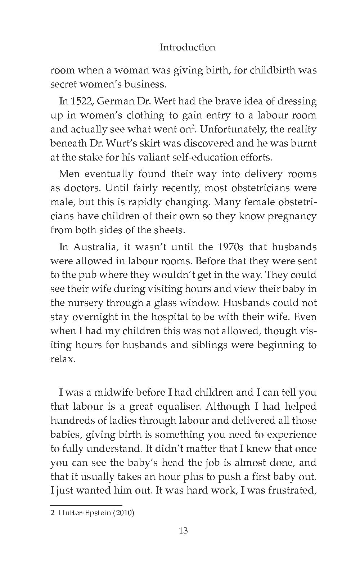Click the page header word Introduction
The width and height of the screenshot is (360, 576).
pos(187,47)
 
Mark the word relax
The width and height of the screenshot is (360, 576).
pos(63,359)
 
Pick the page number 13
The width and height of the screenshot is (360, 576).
pos(183,531)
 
